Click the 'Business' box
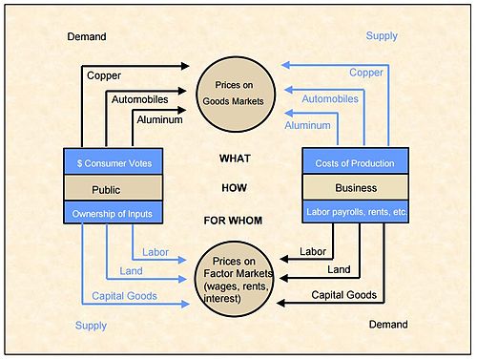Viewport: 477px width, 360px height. pos(355,187)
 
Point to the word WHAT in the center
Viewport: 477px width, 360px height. pos(236,158)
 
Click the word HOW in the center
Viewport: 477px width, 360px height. pos(236,189)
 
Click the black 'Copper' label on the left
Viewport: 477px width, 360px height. pos(104,74)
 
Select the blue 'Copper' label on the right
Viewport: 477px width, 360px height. pos(365,73)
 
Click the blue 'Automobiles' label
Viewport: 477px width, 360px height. pos(330,98)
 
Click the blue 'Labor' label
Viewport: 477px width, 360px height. pos(155,252)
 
